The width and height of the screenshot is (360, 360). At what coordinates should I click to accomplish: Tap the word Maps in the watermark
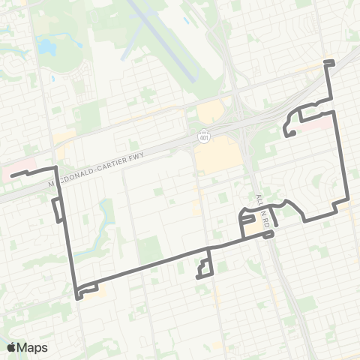tap(33, 347)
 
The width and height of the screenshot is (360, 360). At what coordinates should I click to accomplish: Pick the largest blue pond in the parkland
tap(46, 47)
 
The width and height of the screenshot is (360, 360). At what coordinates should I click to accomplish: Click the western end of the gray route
tap(11, 175)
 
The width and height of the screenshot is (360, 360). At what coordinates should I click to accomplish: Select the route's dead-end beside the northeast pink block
tap(287, 134)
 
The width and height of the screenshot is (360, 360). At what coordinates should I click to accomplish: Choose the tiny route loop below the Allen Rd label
tap(268, 235)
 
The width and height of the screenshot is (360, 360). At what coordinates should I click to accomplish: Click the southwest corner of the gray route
tap(77, 296)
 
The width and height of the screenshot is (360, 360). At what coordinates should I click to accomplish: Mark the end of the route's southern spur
tap(197, 277)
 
